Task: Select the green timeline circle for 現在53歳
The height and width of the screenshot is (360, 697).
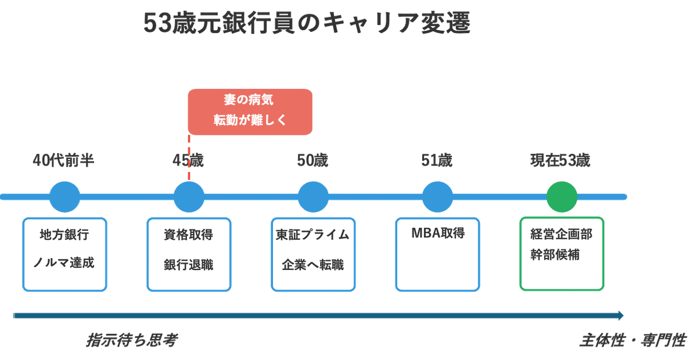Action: coord(562,197)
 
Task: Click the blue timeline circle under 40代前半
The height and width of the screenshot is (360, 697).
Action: coord(64,197)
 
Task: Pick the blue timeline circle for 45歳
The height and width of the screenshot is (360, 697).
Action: coord(189,197)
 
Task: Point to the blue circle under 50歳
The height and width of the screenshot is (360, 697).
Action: coord(313,197)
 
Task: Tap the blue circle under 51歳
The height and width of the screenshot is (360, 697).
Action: coord(437,197)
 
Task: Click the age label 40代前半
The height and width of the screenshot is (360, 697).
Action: coord(64,160)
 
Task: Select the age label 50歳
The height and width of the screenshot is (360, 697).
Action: coord(313,160)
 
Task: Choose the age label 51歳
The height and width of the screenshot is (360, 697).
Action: coord(437,160)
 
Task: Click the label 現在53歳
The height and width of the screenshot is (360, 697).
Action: coord(561,160)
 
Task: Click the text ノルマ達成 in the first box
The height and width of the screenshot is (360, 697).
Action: coord(64,263)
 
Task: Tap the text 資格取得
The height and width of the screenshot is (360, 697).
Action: coord(189,235)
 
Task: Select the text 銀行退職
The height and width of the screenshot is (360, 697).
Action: coord(189,265)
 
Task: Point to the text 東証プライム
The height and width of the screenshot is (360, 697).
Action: coord(313,235)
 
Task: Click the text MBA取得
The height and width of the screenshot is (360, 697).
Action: coord(437,233)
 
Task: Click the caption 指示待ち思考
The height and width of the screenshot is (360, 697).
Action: coord(131,340)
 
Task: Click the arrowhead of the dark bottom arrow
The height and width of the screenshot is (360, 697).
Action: coord(621,316)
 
